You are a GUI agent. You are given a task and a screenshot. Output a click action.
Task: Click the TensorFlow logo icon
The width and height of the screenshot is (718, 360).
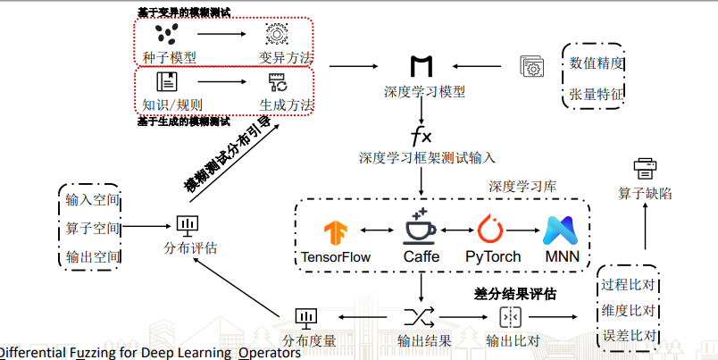[335, 232]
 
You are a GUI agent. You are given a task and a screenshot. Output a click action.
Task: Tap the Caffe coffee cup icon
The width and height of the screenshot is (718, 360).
[421, 226]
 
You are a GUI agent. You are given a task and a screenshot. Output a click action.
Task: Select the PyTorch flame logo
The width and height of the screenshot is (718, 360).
[492, 229]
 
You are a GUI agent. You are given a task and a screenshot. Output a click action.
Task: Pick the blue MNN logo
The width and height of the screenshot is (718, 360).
[562, 230]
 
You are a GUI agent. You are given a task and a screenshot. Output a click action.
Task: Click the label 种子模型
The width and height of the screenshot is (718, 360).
[169, 57]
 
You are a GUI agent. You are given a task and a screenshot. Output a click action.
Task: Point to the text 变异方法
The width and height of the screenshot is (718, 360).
[287, 57]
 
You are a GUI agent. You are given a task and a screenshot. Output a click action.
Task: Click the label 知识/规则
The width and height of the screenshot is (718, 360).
[169, 105]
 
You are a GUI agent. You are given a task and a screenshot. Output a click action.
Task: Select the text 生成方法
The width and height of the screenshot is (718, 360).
[287, 105]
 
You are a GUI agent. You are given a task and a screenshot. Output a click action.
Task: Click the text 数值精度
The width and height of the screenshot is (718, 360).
[597, 63]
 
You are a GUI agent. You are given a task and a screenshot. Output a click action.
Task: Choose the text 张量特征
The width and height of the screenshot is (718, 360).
[597, 94]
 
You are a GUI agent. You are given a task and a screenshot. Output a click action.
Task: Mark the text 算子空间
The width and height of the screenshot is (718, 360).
[93, 228]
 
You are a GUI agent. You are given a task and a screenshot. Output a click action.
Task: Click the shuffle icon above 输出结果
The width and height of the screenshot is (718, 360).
[419, 316]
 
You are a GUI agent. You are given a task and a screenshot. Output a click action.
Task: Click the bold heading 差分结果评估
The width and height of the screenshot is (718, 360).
[515, 293]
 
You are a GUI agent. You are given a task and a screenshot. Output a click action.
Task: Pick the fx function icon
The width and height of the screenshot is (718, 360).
[420, 137]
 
